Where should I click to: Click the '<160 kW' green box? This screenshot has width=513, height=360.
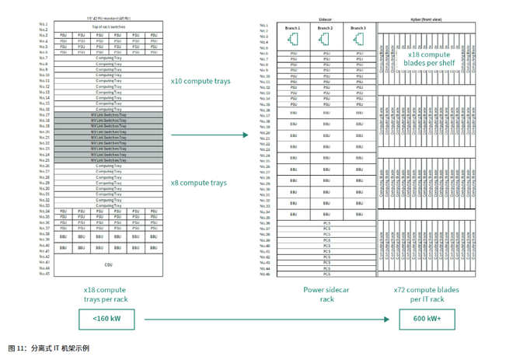click(104, 318)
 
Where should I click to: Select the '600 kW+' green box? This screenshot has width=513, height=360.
click(426, 318)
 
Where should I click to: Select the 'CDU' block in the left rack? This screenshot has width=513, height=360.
click(108, 265)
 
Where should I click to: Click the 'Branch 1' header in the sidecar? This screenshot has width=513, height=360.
click(292, 29)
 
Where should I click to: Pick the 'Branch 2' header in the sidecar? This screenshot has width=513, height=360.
click(326, 29)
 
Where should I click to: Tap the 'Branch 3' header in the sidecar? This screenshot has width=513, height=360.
click(358, 29)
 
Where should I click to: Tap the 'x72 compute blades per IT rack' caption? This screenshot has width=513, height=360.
click(425, 294)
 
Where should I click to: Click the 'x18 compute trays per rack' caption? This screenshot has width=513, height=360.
click(104, 294)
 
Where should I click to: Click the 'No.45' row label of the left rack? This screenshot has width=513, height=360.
click(45, 273)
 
